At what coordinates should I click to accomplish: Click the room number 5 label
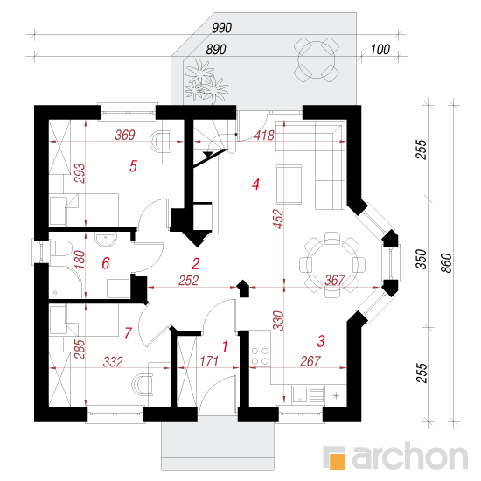pos(133,166)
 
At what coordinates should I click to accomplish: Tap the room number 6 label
pos(106,263)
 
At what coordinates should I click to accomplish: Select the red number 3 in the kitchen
pos(321,341)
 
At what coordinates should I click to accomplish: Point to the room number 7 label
pos(128,333)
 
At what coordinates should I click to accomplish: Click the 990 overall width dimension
pos(222,28)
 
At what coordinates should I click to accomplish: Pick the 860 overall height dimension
pos(446,262)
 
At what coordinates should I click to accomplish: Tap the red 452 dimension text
pos(278,219)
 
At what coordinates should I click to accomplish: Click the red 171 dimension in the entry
pos(209,361)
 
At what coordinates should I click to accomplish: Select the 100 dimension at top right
pos(380,50)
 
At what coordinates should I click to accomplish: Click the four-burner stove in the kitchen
pos(260,356)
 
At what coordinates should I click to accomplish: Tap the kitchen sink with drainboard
pos(309,394)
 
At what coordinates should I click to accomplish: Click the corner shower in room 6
pos(66,282)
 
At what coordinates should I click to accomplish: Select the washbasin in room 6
pos(106,240)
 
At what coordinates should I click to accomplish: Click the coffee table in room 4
pos(289,185)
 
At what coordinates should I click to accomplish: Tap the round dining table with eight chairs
pos(332,265)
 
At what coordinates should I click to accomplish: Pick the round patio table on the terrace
pos(317,59)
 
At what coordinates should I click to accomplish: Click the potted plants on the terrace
pos(206,81)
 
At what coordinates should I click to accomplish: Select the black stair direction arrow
pos(209,154)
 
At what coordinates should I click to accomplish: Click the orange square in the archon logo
pos(337,461)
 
